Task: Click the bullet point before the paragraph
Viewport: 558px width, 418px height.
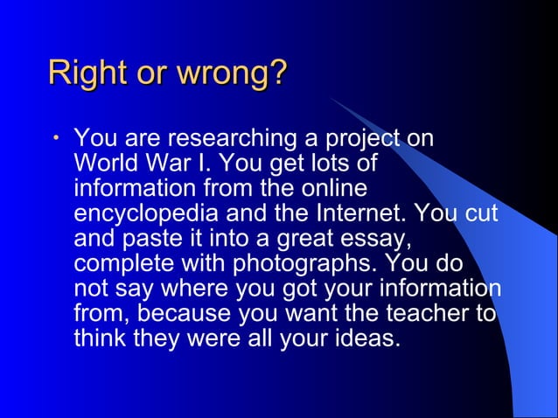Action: coord(55,138)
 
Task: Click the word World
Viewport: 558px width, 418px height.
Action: coord(102,164)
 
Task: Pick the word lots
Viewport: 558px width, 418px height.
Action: coord(335,164)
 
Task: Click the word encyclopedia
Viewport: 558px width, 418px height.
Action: coord(150,213)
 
